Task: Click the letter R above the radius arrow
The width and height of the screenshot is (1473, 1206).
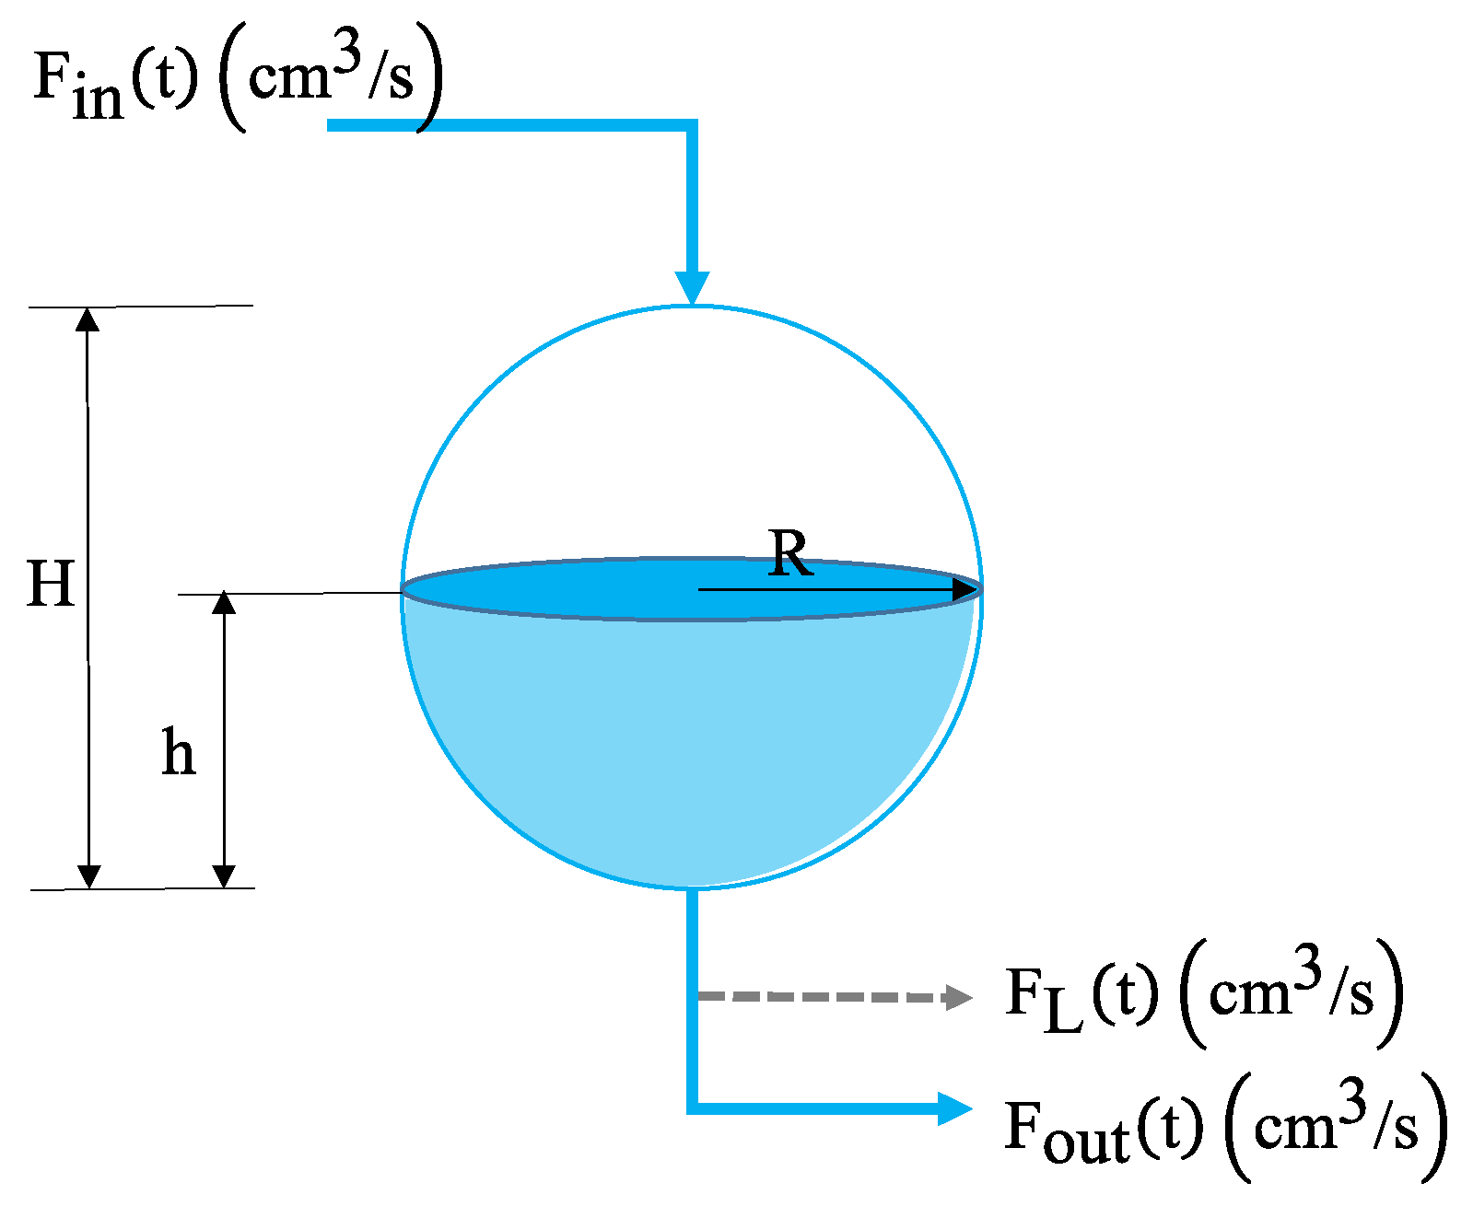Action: click(791, 554)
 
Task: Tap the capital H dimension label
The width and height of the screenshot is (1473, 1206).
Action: click(51, 584)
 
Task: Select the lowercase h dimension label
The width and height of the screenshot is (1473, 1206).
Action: click(178, 752)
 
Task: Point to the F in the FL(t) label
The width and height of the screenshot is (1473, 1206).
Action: click(1023, 992)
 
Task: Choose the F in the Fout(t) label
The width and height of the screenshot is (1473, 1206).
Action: click(1023, 1125)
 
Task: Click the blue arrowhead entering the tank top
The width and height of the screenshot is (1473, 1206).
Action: click(692, 287)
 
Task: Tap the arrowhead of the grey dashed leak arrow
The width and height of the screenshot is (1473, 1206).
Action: click(959, 997)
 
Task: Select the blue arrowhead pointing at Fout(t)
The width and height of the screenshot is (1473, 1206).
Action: click(954, 1108)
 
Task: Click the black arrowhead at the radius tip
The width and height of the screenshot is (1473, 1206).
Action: click(964, 589)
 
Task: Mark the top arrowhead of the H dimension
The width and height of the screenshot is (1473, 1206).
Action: click(88, 319)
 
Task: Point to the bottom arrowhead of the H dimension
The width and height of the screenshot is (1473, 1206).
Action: click(88, 876)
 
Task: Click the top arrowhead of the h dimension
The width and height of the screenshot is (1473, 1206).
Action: click(224, 603)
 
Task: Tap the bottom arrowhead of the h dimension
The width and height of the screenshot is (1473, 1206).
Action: click(224, 876)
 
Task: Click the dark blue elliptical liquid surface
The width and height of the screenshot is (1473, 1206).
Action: click(553, 589)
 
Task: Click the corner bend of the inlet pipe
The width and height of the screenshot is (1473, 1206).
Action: click(691, 126)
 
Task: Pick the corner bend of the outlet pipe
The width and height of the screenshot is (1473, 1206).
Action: click(693, 1107)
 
